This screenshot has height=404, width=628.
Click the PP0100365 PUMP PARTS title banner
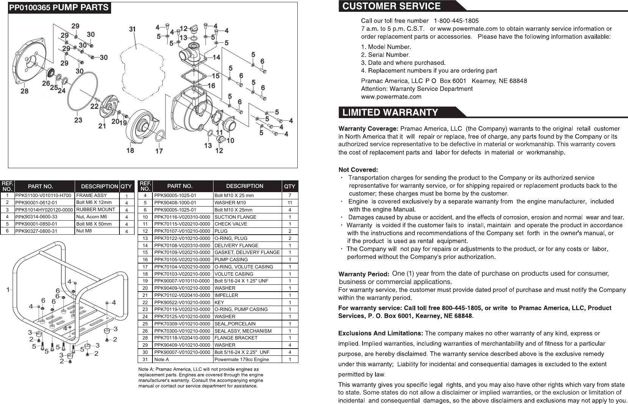coord(59,8)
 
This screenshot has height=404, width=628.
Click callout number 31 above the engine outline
coord(132,29)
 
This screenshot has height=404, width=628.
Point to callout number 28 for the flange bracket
coord(24,91)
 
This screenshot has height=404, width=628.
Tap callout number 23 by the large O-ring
coord(78,120)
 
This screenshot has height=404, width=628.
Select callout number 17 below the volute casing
coord(159,151)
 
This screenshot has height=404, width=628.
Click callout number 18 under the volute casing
coord(130,150)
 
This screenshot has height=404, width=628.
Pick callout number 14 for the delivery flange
coord(216,57)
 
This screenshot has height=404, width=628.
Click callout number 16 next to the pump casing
coord(211,86)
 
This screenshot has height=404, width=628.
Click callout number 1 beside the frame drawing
coord(8,290)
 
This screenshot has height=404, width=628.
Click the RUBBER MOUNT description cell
coord(96,210)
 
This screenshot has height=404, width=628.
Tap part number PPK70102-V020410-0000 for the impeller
coord(182,295)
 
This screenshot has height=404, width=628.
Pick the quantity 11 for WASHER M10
coord(290,203)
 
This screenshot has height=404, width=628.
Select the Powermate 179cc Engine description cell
coord(242,359)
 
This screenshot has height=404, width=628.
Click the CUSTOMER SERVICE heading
coord(391,6)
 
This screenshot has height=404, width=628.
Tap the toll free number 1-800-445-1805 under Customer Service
coord(456,21)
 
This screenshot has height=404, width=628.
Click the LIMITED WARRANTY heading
coord(390,112)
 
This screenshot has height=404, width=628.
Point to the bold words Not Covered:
coord(358,169)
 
